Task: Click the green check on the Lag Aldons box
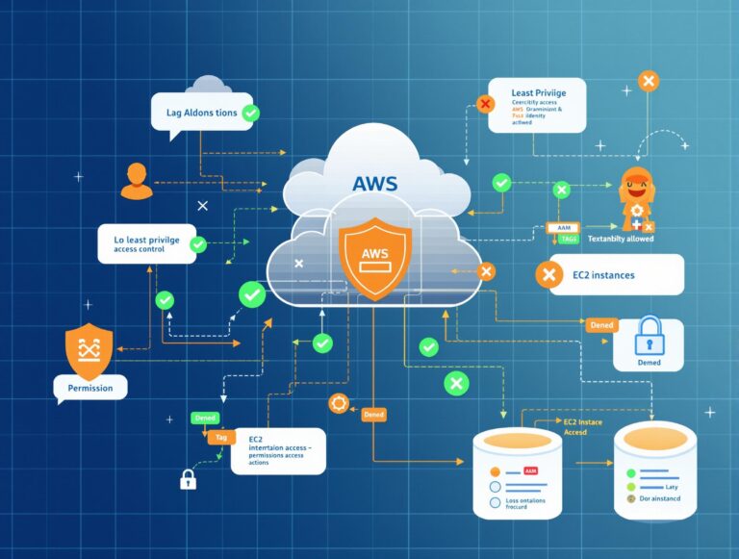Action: coord(250,114)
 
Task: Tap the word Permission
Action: coord(89,388)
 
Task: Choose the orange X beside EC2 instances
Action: coord(548,275)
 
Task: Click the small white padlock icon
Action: coord(188,477)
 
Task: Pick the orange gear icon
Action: coord(339,403)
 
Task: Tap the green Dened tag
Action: coord(205,418)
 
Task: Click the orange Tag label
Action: coord(220,437)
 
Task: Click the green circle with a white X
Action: coord(456,384)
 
